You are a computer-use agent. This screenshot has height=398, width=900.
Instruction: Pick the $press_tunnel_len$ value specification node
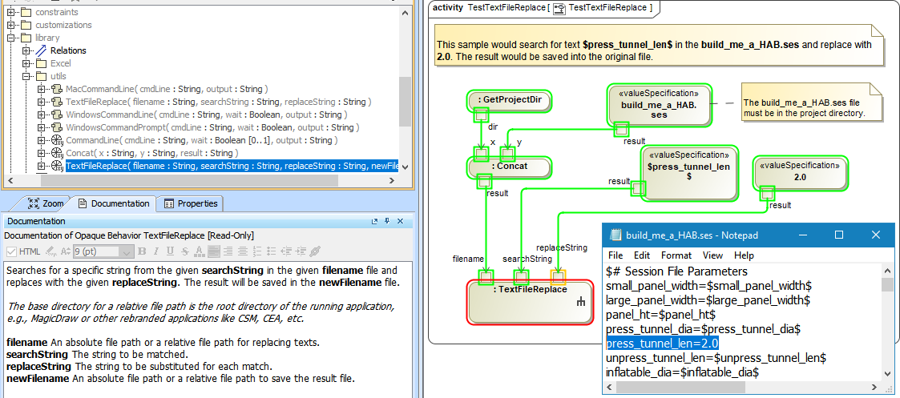pyautogui.click(x=688, y=171)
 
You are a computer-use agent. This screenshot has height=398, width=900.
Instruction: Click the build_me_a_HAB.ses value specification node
pyautogui.click(x=659, y=104)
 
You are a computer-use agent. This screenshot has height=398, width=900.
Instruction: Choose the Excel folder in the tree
pyautogui.click(x=61, y=63)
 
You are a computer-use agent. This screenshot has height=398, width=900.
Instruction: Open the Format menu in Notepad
pyautogui.click(x=676, y=255)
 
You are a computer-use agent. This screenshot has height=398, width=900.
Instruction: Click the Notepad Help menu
pyautogui.click(x=744, y=255)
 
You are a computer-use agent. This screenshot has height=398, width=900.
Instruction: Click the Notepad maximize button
pyautogui.click(x=839, y=235)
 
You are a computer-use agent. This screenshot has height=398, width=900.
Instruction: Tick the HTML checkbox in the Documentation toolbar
pyautogui.click(x=11, y=251)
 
